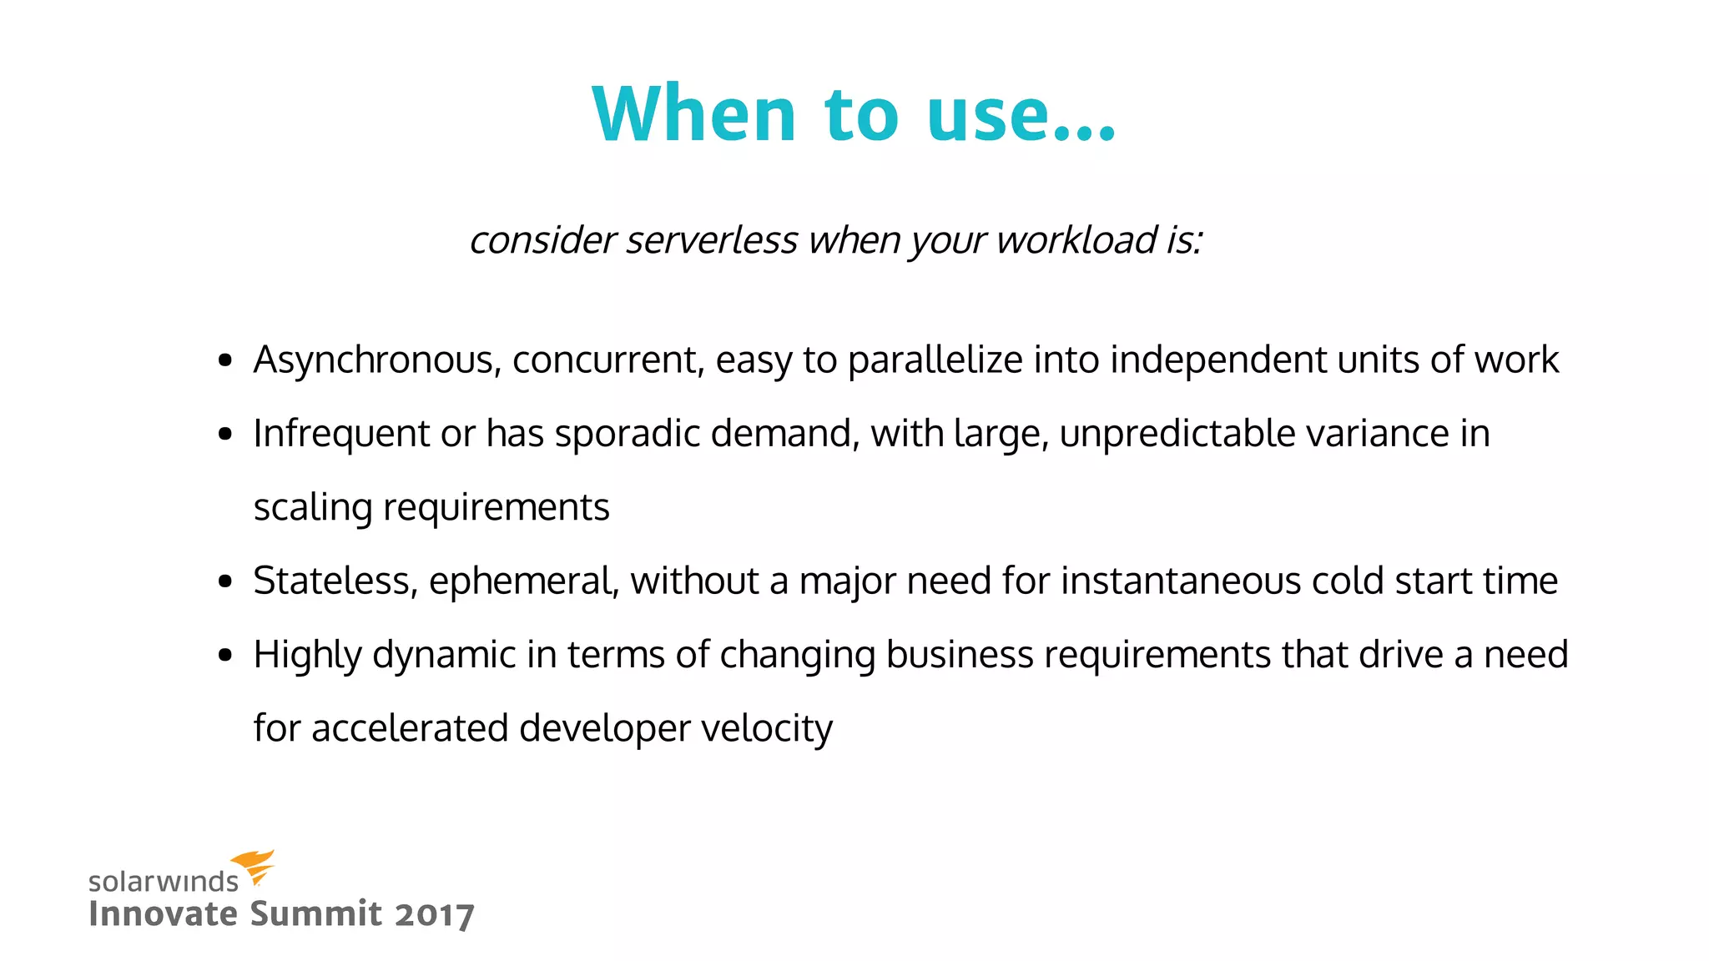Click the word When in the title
tap(694, 114)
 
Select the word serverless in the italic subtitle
tap(712, 240)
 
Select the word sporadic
tap(626, 434)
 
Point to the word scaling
tap(312, 508)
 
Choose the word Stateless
tap(335, 581)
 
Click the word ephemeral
tap(523, 581)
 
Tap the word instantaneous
tap(1180, 581)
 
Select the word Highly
tap(306, 655)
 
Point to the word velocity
tap(766, 728)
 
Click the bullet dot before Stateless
tap(224, 581)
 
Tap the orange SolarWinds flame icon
tap(253, 867)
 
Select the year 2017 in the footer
tap(434, 914)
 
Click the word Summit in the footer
tap(315, 913)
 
